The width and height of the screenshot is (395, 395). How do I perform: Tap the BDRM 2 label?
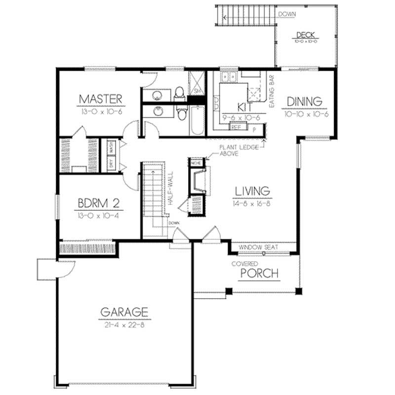pos(97,204)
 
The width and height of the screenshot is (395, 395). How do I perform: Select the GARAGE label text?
pos(124,312)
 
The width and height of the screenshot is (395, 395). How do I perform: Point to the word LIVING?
pos(252,191)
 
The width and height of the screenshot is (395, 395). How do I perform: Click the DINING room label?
pos(304,102)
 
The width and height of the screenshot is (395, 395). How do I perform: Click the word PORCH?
pos(259,274)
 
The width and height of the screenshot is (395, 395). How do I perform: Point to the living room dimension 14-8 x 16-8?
pos(252,203)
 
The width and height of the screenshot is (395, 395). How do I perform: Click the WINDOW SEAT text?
pos(258,247)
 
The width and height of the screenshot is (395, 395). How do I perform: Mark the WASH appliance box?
pos(112,147)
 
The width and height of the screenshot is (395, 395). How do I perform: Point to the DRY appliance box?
pos(112,165)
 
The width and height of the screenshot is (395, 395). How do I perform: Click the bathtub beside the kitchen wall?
pos(196,120)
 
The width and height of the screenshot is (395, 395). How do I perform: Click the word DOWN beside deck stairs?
pos(286,14)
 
